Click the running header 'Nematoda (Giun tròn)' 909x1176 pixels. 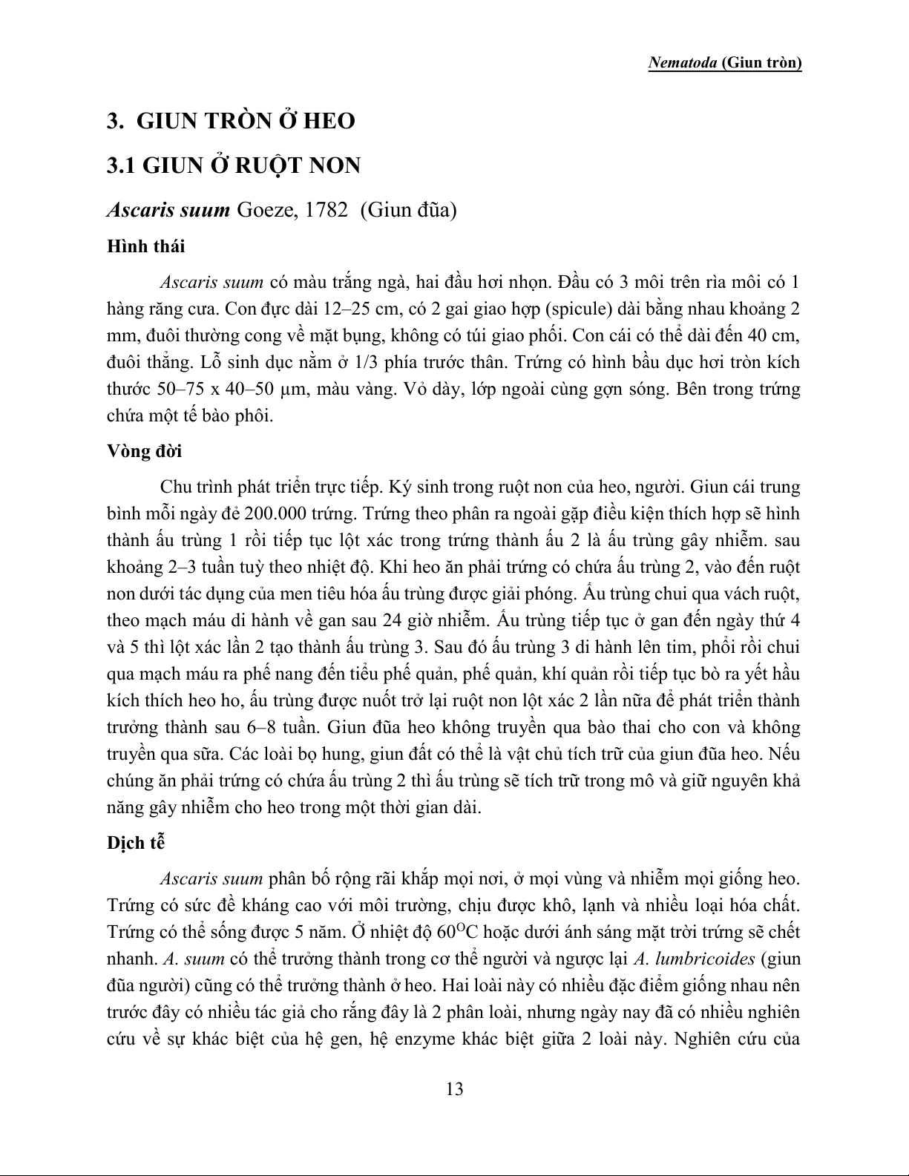725,63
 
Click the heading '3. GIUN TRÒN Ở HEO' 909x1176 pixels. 231,121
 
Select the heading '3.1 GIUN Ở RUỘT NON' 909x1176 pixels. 234,165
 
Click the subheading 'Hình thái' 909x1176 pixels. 146,246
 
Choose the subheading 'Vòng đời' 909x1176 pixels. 145,452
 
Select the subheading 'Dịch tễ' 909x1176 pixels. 135,843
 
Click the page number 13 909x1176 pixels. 454,1089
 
